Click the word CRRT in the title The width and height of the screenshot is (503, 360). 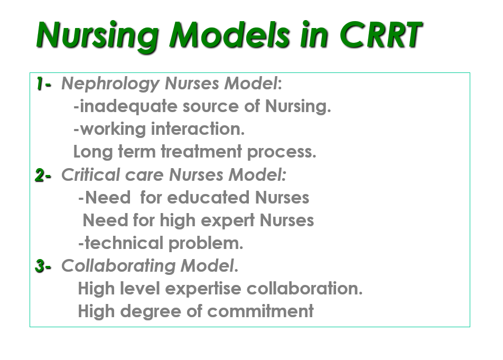381,35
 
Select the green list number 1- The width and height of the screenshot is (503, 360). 43,84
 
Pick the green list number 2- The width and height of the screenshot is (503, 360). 43,175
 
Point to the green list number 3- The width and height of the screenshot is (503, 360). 43,266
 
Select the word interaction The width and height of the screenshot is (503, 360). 198,129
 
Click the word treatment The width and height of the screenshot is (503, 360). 201,151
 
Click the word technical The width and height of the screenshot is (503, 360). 124,243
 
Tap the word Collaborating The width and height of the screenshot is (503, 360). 118,266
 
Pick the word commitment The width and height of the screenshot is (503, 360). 260,311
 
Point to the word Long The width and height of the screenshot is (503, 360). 93,152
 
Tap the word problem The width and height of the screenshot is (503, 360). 206,244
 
